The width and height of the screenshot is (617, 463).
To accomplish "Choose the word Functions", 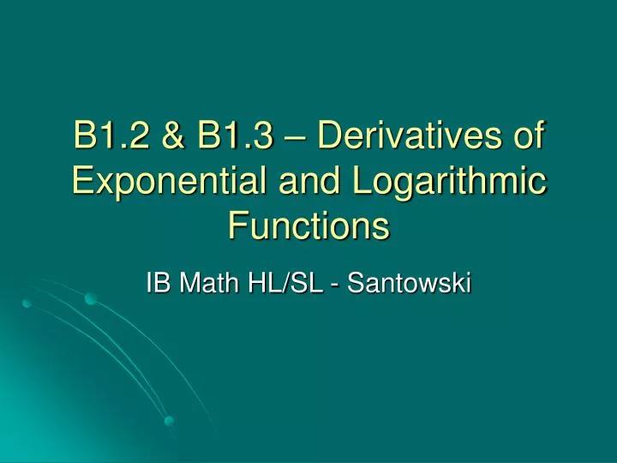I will (308, 226).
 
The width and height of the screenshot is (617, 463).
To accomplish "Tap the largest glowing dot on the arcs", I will (91, 298).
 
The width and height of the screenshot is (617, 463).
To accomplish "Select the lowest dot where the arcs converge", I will (170, 420).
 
